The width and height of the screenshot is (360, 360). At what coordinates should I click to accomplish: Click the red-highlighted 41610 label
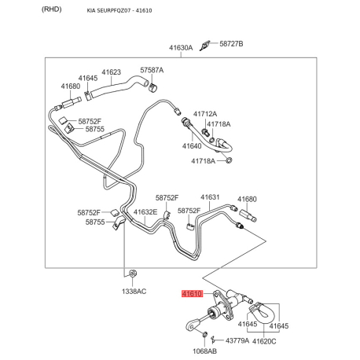tap(193, 294)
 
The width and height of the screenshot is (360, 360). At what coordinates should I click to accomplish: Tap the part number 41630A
tap(181, 48)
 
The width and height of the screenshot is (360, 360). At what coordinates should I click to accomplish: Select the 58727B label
tap(231, 43)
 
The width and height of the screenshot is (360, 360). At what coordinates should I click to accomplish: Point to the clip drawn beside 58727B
tap(204, 46)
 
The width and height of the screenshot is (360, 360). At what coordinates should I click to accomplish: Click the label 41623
tap(112, 72)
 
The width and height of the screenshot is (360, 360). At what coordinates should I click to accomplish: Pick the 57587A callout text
tap(152, 70)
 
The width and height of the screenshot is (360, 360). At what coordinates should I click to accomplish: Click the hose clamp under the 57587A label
tap(152, 87)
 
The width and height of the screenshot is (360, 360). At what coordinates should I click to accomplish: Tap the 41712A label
tap(205, 114)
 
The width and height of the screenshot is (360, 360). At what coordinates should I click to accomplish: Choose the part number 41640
tap(192, 146)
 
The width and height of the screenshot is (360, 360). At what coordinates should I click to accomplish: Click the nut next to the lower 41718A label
tap(229, 160)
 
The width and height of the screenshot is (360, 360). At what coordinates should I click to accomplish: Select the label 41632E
tap(145, 212)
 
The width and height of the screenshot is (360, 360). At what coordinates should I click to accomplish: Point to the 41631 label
tap(210, 197)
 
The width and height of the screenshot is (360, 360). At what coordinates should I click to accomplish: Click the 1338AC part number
tap(134, 291)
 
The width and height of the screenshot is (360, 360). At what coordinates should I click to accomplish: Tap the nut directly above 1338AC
tap(133, 274)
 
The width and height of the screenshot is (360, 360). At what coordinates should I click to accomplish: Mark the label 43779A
tap(237, 340)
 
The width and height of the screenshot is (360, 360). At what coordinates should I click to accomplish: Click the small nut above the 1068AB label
tap(204, 334)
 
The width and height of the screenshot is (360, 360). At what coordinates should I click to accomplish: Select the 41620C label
tap(264, 341)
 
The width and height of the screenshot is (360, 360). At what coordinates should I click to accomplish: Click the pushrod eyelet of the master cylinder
tap(192, 325)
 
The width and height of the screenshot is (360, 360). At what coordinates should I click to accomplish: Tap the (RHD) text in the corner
tap(52, 9)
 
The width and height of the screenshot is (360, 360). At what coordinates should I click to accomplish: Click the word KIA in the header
tap(90, 11)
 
